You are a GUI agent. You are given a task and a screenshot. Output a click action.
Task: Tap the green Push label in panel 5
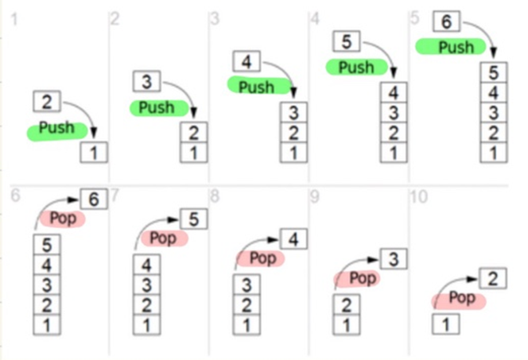coord(455,47)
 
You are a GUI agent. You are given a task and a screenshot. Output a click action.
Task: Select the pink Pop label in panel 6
coord(63,218)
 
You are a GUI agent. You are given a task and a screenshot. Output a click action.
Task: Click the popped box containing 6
coord(94,200)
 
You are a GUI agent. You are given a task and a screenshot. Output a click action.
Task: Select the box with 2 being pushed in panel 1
coord(45,101)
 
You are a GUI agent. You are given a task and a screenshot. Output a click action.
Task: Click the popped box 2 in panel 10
coord(494,278)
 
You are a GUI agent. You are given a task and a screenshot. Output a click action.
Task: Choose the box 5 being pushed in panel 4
coord(347,42)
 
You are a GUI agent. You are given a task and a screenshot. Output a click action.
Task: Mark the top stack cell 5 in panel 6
coord(45,245)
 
